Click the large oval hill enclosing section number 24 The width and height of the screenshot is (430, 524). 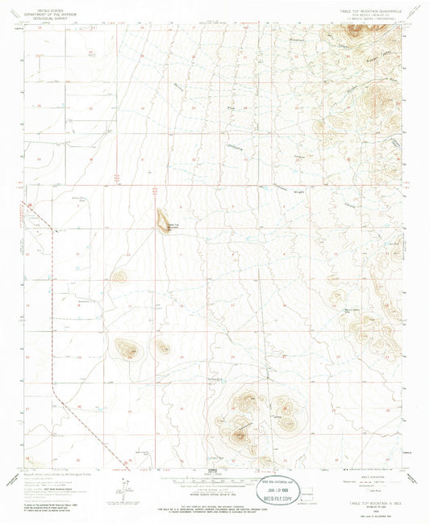(127, 349)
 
